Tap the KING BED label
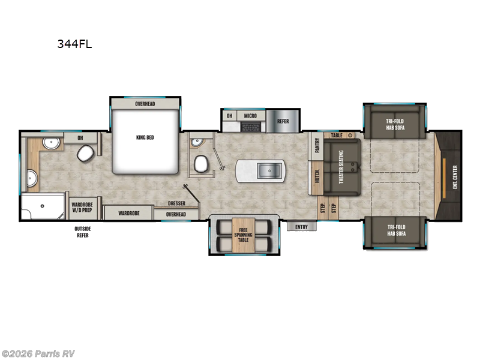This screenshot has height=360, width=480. pos(145,137)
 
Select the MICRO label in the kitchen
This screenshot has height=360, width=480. pos(250,115)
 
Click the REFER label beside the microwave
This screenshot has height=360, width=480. pos(283,121)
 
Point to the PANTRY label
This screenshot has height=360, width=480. pos(316,146)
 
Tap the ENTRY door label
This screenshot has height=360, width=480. pos(301,227)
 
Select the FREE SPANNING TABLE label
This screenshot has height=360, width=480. pos(243,235)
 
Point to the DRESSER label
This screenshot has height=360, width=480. pos(176,203)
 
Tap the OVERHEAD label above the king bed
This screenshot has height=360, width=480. pos(145,104)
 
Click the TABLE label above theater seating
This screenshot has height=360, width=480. pos(336,136)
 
